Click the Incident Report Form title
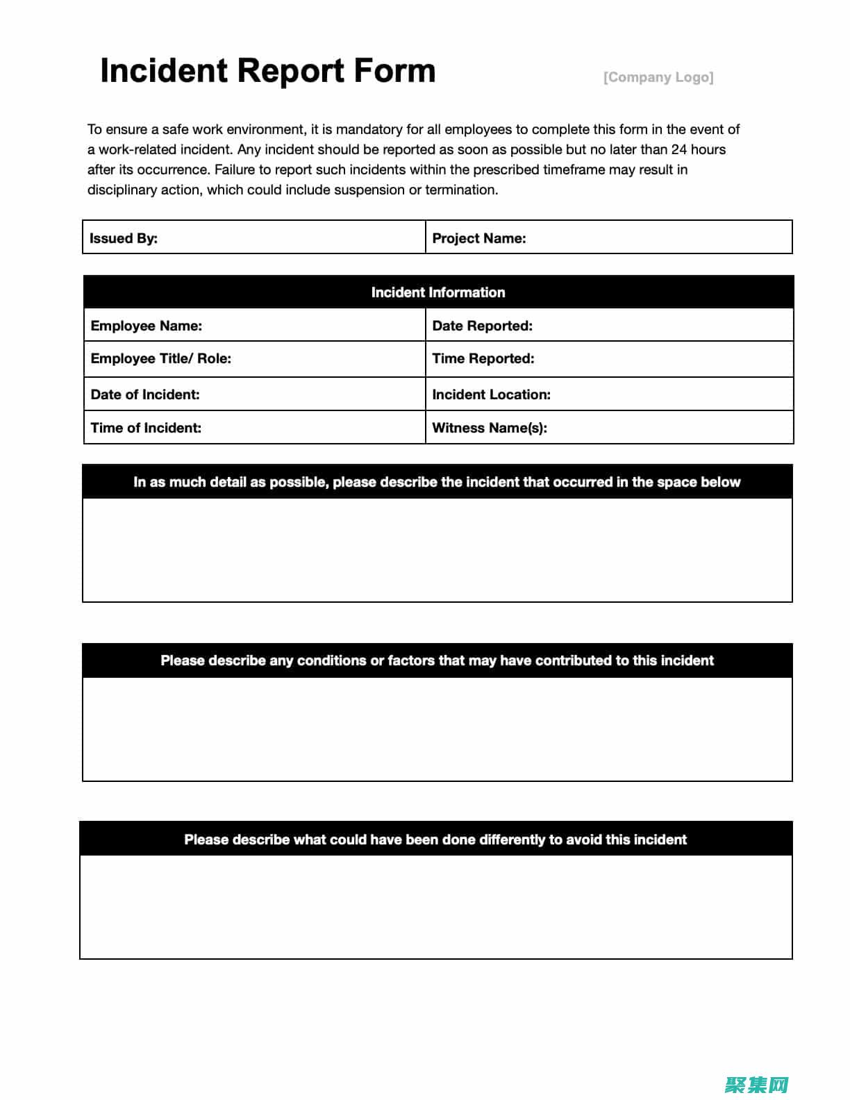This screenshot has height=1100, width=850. tap(267, 71)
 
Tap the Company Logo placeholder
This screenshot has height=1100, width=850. tap(658, 77)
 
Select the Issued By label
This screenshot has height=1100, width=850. tap(124, 238)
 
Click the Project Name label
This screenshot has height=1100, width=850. tap(478, 238)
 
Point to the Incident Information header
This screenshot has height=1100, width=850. tap(437, 292)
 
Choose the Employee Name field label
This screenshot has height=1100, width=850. tap(146, 326)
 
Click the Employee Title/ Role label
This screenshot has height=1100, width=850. tap(160, 358)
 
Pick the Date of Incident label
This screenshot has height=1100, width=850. tap(144, 394)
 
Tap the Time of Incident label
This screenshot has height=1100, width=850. tap(146, 428)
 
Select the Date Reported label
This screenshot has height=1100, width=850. tap(482, 326)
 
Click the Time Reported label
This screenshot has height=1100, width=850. tap(483, 358)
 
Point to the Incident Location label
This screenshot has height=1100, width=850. tap(491, 394)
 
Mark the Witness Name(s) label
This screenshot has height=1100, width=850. tap(489, 428)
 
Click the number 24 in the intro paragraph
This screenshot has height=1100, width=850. tap(678, 149)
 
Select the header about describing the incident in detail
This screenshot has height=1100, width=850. tap(437, 482)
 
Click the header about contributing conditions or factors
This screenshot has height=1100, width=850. tap(437, 660)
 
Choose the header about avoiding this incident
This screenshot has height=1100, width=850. tap(435, 840)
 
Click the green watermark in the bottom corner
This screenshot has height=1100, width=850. tap(756, 1084)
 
